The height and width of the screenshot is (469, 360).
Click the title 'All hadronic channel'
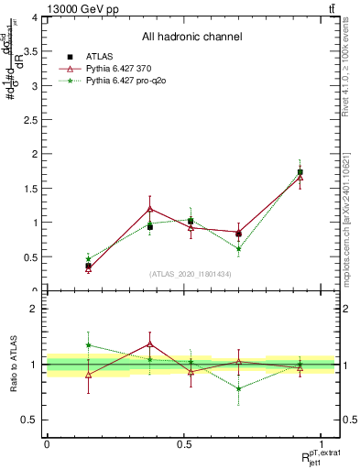pyautogui.click(x=191, y=37)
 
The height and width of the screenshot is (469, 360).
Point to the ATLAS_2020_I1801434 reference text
pyautogui.click(x=191, y=274)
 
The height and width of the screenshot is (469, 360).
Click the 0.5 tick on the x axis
pyautogui.click(x=184, y=444)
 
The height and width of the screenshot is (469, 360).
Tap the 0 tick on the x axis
pyautogui.click(x=47, y=444)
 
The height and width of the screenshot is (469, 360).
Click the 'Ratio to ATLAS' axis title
pyautogui.click(x=13, y=364)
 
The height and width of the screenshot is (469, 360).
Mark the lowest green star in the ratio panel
pyautogui.click(x=238, y=388)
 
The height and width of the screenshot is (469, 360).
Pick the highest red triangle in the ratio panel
pyautogui.click(x=150, y=344)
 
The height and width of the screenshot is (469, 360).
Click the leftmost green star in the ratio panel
pyautogui.click(x=88, y=345)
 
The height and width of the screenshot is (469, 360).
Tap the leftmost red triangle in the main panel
pyautogui.click(x=88, y=269)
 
